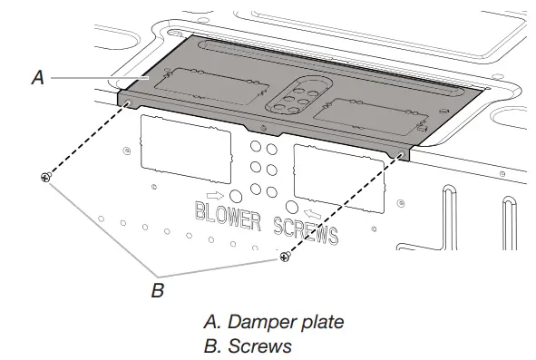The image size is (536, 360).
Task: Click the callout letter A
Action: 37,78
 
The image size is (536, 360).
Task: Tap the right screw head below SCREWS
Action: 285,258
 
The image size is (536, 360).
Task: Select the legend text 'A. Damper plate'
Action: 260,321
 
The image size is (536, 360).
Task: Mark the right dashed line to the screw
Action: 343,206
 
